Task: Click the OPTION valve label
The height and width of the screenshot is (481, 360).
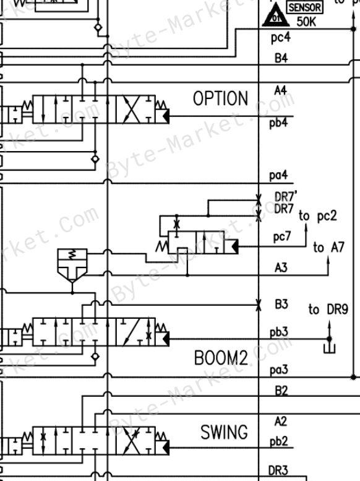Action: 220,98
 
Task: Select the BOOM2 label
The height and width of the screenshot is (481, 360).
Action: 221,358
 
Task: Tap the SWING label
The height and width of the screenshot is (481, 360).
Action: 224,432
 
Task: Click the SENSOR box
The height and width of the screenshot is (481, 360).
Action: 305,7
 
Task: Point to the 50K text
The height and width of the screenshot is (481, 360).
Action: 306,22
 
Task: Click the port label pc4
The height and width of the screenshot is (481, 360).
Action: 281,38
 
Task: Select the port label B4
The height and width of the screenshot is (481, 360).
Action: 281,58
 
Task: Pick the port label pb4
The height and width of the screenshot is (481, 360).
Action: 278,123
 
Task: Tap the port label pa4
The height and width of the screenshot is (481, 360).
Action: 278,175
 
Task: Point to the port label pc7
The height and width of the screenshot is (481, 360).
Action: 281,236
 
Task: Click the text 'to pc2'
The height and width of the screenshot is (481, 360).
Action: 318,216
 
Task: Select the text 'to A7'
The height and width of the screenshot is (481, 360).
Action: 328,247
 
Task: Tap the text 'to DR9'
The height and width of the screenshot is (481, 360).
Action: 328,310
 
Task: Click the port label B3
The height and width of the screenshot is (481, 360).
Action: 281,305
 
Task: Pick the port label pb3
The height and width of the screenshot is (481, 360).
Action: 279,332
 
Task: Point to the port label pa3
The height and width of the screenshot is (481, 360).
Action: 279,370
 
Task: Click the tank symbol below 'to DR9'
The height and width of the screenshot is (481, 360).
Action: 329,349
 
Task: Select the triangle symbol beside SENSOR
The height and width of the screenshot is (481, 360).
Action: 276,15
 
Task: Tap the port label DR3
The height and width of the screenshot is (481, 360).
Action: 278,470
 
